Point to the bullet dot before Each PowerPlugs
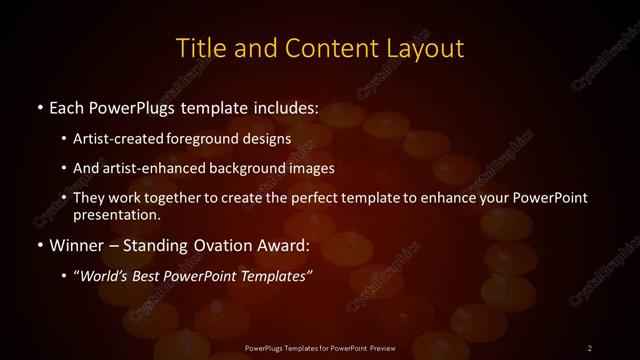pyautogui.click(x=38, y=107)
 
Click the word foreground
pyautogui.click(x=214, y=138)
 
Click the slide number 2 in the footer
pyautogui.click(x=589, y=347)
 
